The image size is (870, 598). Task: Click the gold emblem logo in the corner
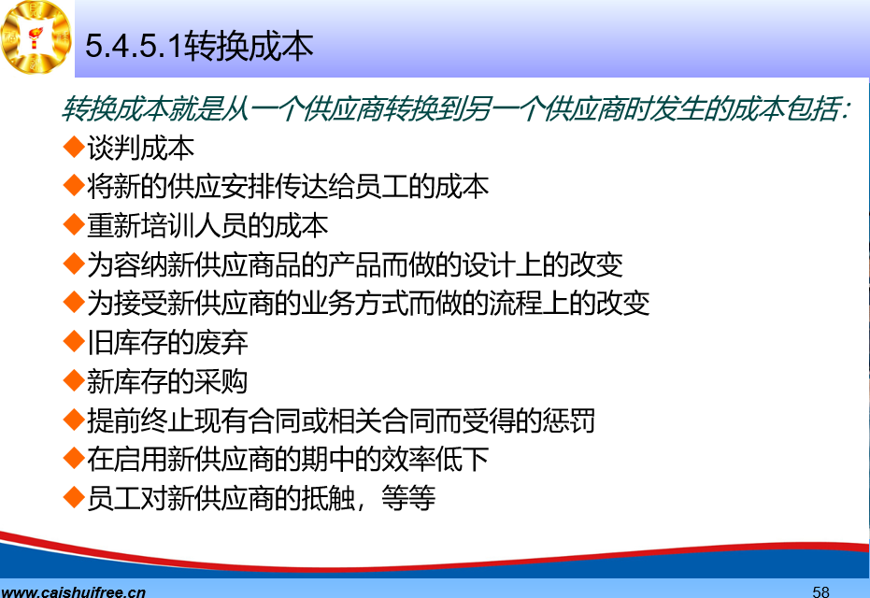click(36, 37)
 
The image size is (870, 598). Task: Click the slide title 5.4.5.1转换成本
click(200, 46)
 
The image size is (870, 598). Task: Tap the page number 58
click(820, 591)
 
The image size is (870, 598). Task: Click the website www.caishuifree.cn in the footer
click(73, 591)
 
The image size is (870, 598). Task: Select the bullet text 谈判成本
click(140, 149)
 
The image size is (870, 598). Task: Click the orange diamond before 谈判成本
click(74, 147)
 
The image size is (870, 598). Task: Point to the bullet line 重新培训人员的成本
click(207, 226)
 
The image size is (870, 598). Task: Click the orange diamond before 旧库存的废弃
click(74, 341)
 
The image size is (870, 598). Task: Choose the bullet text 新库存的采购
click(167, 381)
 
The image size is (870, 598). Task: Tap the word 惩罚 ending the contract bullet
click(568, 420)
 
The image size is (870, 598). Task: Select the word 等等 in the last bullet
click(408, 498)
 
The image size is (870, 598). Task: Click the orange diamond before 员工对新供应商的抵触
click(74, 497)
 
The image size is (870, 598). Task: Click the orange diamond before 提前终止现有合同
click(74, 420)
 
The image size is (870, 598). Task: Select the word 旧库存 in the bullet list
click(127, 343)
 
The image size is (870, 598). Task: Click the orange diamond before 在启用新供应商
click(74, 458)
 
